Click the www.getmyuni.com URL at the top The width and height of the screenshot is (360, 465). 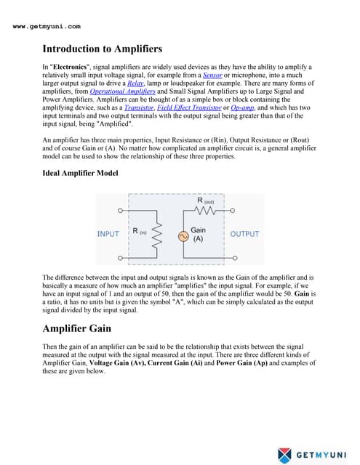pos(47,26)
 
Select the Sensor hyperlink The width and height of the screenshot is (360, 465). pos(212,75)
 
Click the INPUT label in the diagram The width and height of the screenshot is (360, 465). pos(108,234)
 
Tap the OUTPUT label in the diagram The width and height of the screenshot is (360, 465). pos(244,234)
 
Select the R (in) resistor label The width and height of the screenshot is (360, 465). pos(140,232)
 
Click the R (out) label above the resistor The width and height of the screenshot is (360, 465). pos(205,200)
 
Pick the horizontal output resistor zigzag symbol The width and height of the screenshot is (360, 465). pos(205,210)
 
